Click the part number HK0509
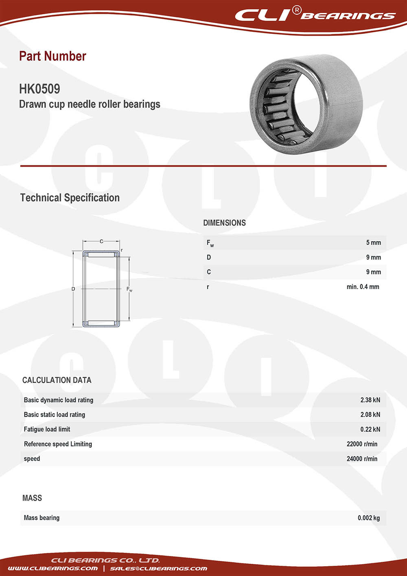click(x=39, y=89)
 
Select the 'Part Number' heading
click(x=53, y=56)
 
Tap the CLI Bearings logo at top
click(x=315, y=15)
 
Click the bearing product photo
click(x=306, y=104)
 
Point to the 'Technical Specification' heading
click(x=70, y=198)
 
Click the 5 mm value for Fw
click(x=373, y=243)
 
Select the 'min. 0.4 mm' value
click(x=363, y=287)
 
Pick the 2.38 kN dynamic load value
click(x=370, y=400)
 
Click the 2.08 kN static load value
click(x=370, y=415)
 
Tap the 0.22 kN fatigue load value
click(x=370, y=429)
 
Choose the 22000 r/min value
click(x=362, y=444)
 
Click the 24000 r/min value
click(x=362, y=459)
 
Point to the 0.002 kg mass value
click(x=369, y=518)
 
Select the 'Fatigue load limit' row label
click(x=47, y=429)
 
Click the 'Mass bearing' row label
click(x=42, y=518)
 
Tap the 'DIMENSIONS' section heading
click(x=224, y=223)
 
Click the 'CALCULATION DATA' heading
click(x=57, y=380)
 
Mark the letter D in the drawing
click(x=73, y=289)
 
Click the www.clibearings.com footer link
click(x=53, y=568)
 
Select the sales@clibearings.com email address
click(x=158, y=568)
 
